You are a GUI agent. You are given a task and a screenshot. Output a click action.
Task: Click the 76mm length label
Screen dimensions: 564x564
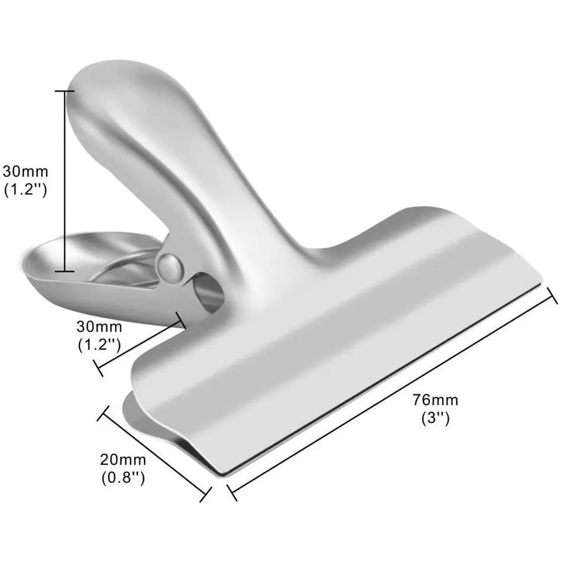pos(436,400)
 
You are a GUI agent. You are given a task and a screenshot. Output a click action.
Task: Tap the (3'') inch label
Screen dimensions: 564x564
pos(436,417)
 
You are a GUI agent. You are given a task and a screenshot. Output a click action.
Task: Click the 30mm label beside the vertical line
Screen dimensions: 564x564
pos(25,170)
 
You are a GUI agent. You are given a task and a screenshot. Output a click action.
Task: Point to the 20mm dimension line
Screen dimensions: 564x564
pos(155,451)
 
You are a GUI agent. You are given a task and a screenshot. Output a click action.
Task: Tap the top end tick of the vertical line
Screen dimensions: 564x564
pos(65,90)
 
